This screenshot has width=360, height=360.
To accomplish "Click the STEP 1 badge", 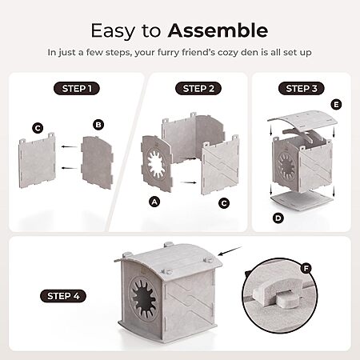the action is (77, 89).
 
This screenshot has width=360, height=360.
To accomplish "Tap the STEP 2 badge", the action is (198, 89).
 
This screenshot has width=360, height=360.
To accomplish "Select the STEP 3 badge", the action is (302, 89).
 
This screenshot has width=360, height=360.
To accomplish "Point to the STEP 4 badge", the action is (63, 296).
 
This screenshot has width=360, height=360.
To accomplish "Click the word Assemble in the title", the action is (218, 30).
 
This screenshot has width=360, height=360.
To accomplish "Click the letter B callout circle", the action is (98, 125).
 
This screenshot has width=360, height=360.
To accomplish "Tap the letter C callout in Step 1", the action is (38, 128).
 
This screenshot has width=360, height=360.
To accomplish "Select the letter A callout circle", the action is (154, 202).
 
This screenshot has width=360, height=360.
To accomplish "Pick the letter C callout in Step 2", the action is (224, 203).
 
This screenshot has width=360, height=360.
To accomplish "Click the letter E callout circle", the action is (336, 105).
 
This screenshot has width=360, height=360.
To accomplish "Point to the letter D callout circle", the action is (278, 218).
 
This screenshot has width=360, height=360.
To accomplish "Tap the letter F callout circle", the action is (306, 268).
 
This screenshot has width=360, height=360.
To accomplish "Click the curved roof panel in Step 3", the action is (302, 120).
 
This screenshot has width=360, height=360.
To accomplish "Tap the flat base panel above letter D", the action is (302, 198).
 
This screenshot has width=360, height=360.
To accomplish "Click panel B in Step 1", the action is (97, 162).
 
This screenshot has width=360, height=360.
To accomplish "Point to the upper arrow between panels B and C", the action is (70, 146).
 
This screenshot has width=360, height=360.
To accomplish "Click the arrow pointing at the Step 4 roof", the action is (230, 251).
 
